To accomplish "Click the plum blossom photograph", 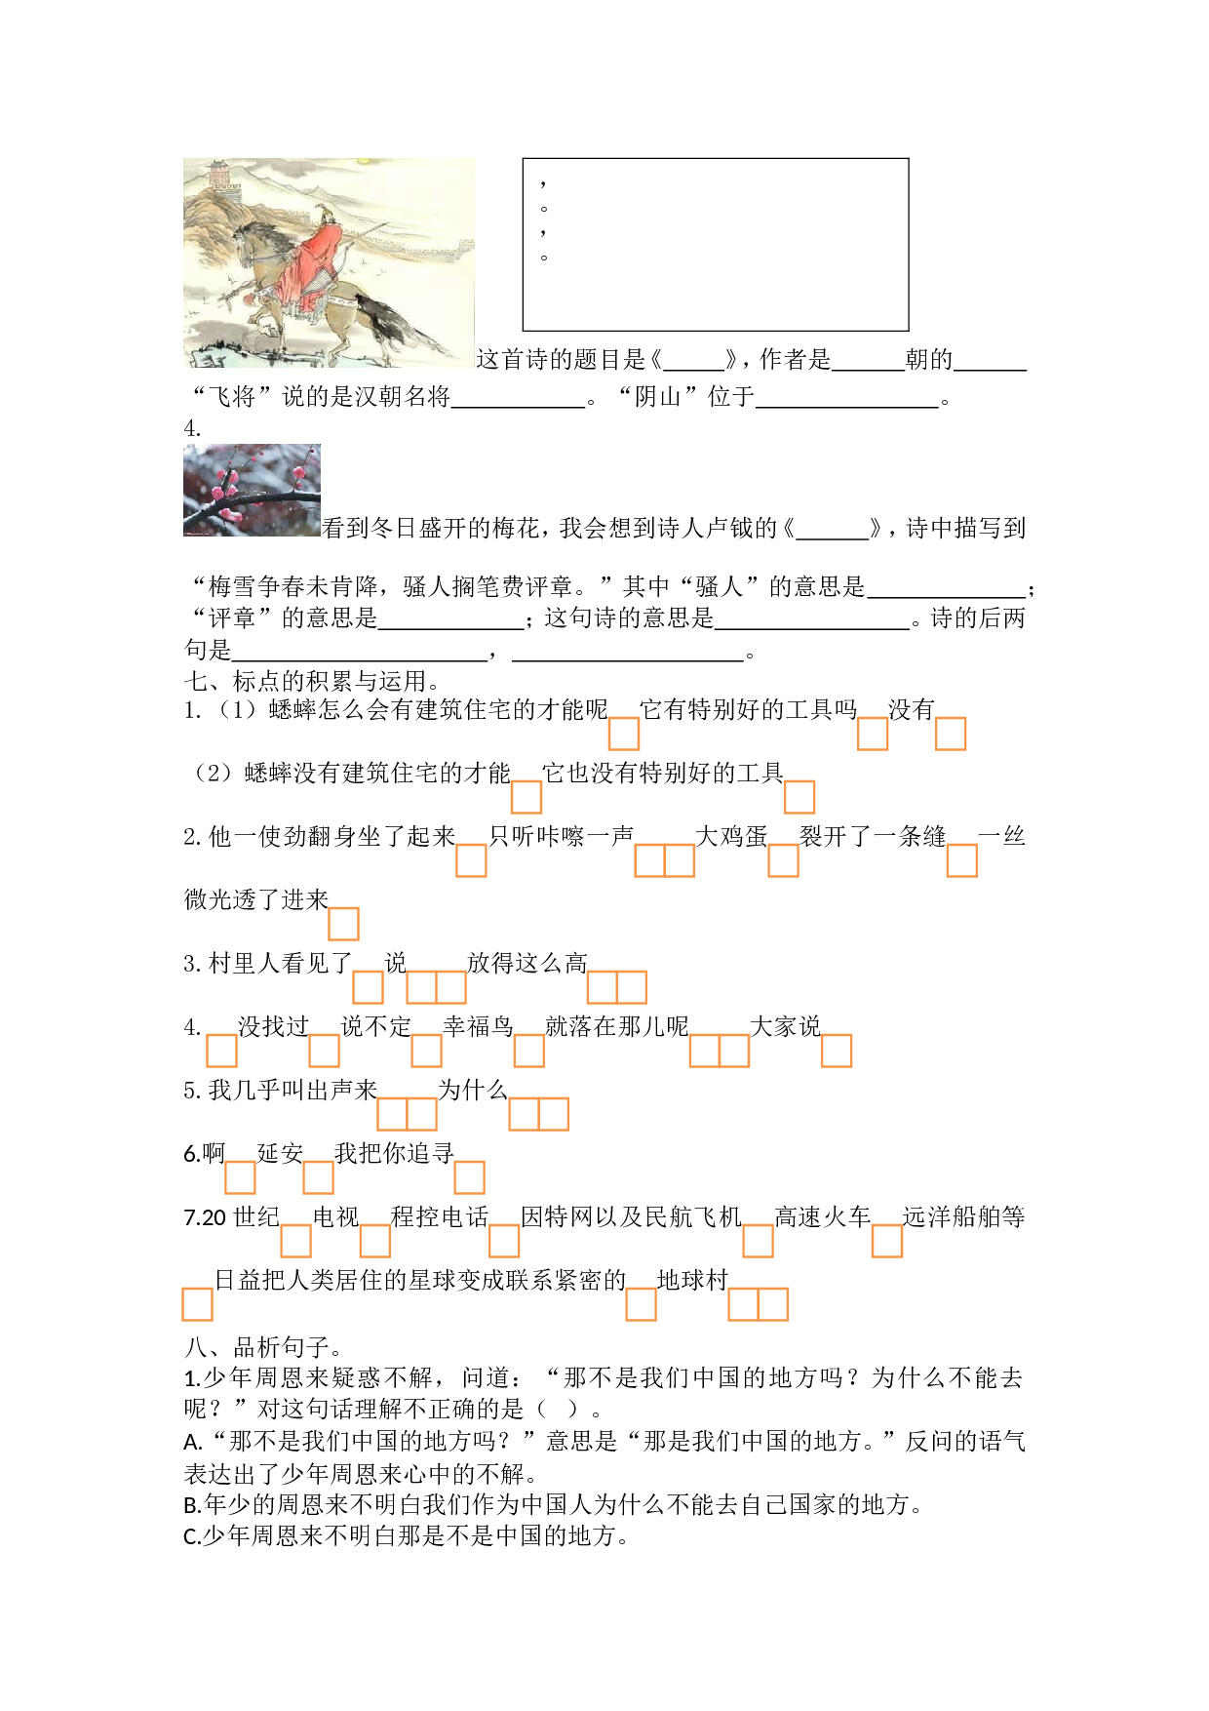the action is point(252,490).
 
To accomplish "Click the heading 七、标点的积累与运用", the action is point(312,681).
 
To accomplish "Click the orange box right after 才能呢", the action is point(624,734).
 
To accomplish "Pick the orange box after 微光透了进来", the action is point(343,924).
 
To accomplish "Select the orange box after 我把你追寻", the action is point(469,1177).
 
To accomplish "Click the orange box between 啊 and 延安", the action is point(240,1177).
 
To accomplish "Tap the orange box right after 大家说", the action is point(837,1051).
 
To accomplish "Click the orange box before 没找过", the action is point(221,1051).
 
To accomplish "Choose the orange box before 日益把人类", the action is point(197,1304).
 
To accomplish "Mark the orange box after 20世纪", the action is point(295,1241).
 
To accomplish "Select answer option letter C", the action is point(191,1536).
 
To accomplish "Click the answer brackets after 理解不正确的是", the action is point(559,1409).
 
